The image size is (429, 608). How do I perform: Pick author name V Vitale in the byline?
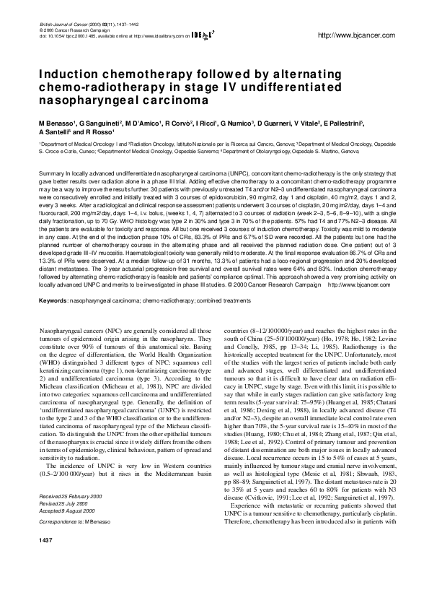(311, 124)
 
